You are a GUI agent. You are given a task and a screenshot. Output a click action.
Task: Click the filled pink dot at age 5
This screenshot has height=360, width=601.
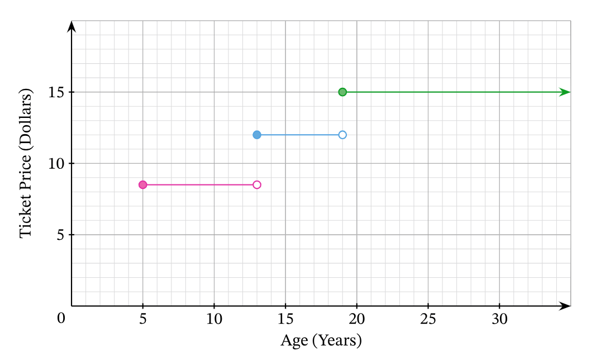click(x=142, y=184)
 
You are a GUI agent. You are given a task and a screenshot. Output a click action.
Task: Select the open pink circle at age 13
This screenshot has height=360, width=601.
click(x=257, y=184)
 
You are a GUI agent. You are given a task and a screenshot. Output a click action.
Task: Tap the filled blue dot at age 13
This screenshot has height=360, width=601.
click(x=257, y=135)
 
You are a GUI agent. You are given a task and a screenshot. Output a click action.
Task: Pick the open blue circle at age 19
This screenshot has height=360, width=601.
click(x=342, y=135)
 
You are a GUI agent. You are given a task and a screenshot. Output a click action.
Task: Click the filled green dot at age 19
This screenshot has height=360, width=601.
click(x=342, y=92)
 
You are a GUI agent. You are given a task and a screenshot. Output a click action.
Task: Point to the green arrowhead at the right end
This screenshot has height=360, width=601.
click(x=565, y=92)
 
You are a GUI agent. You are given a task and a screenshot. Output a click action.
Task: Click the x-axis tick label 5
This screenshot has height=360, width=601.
click(x=142, y=319)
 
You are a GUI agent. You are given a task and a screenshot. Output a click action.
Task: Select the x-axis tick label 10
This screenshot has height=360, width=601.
click(x=214, y=319)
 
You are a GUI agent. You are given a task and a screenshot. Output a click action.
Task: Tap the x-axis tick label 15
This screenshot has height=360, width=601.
click(x=285, y=319)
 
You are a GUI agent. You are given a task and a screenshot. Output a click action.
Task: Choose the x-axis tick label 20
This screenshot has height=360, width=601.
click(x=356, y=319)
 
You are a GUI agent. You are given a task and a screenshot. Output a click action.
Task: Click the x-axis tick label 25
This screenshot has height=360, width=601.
click(x=428, y=319)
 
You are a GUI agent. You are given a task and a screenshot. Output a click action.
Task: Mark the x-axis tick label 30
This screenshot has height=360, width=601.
click(x=499, y=319)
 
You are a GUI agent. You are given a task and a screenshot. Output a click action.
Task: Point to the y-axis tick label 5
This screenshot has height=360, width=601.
click(x=60, y=234)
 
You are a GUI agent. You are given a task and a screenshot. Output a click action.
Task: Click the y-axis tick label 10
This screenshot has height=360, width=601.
click(x=56, y=163)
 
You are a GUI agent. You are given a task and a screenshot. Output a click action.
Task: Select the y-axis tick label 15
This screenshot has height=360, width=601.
click(x=56, y=92)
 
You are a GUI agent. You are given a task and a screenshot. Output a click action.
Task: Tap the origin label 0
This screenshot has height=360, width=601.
click(x=61, y=318)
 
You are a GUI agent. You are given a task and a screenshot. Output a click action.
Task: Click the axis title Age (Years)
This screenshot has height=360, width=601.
click(x=321, y=340)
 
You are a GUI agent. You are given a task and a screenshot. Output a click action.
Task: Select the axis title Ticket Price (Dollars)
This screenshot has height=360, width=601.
click(x=25, y=163)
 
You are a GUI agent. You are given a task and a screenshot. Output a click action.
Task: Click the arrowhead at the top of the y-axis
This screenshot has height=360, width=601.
click(x=71, y=27)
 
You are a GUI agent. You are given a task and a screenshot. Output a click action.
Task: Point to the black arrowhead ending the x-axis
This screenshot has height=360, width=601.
click(x=565, y=306)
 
